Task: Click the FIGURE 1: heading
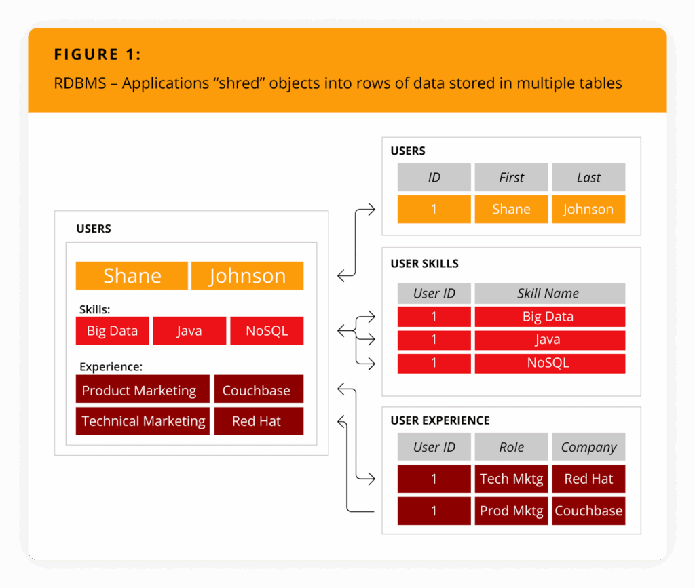98,54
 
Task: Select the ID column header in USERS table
434,177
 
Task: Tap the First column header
511,177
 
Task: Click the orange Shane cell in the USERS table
511,209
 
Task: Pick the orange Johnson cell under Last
588,209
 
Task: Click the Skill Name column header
550,293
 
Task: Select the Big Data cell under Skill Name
550,317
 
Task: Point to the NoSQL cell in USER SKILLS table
550,363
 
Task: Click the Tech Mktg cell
511,479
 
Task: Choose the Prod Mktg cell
511,511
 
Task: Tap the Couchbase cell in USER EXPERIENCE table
588,511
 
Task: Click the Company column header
588,447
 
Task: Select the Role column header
511,447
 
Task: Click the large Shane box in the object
132,276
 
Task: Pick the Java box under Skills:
189,331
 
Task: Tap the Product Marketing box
143,389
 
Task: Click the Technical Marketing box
143,421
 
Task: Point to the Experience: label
111,367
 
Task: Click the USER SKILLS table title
424,263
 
